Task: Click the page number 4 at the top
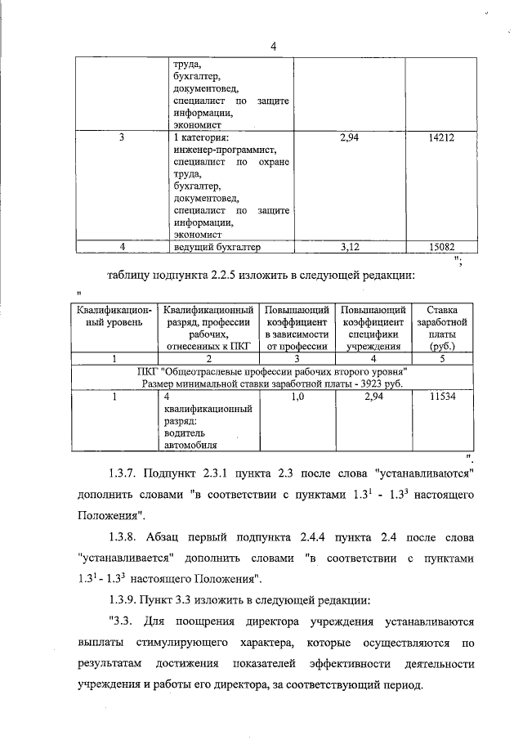click(273, 47)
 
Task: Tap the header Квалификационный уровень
click(114, 316)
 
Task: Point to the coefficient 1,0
click(297, 397)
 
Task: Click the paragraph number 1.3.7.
click(124, 474)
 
